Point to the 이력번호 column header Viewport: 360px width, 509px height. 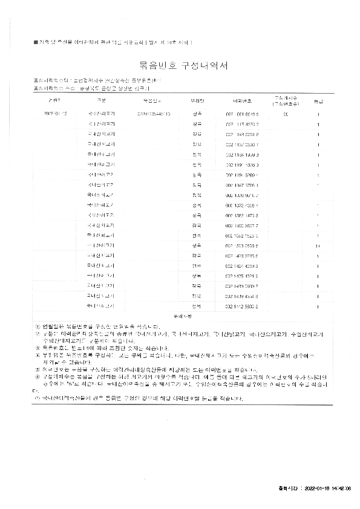[x=242, y=99]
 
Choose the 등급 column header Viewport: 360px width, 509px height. [x=318, y=99]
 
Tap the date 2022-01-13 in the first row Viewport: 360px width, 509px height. [x=56, y=113]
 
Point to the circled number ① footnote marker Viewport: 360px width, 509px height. [x=38, y=325]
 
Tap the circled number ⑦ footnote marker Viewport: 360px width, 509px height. [x=38, y=399]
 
